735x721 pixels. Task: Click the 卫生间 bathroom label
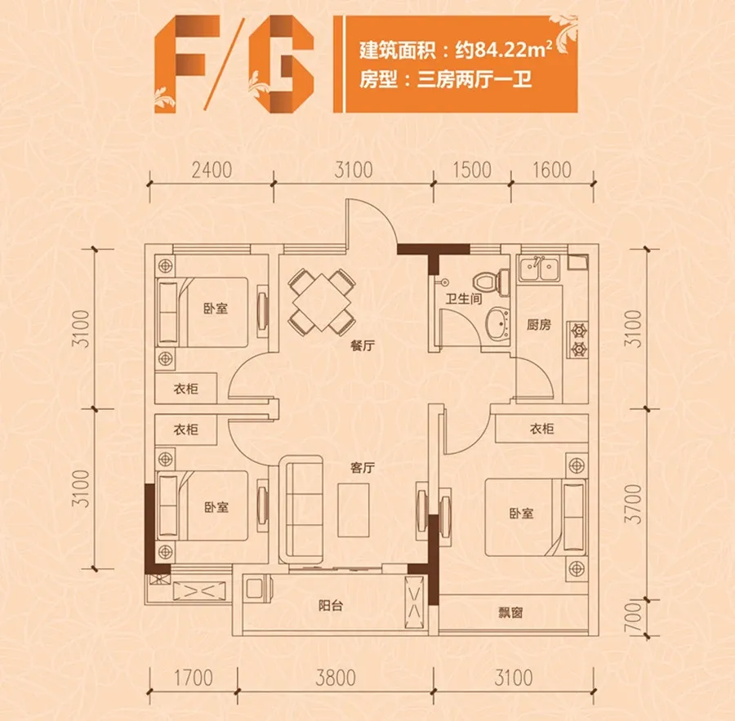click(x=464, y=298)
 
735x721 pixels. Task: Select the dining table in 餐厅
click(x=322, y=302)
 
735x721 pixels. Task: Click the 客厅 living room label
click(x=363, y=467)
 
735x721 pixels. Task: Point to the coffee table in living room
click(x=354, y=510)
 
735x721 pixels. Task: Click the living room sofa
click(x=301, y=509)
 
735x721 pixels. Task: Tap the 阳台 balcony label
click(x=331, y=606)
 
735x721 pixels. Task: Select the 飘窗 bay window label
click(x=510, y=612)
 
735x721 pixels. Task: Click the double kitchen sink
click(x=539, y=269)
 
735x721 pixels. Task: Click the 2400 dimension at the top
click(x=212, y=170)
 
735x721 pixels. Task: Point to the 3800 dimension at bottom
click(x=336, y=678)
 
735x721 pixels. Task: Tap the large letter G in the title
click(x=281, y=64)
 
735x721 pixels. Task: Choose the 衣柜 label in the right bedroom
click(x=542, y=429)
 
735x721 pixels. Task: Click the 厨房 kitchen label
click(x=539, y=324)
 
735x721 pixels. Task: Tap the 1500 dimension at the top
click(x=472, y=170)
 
